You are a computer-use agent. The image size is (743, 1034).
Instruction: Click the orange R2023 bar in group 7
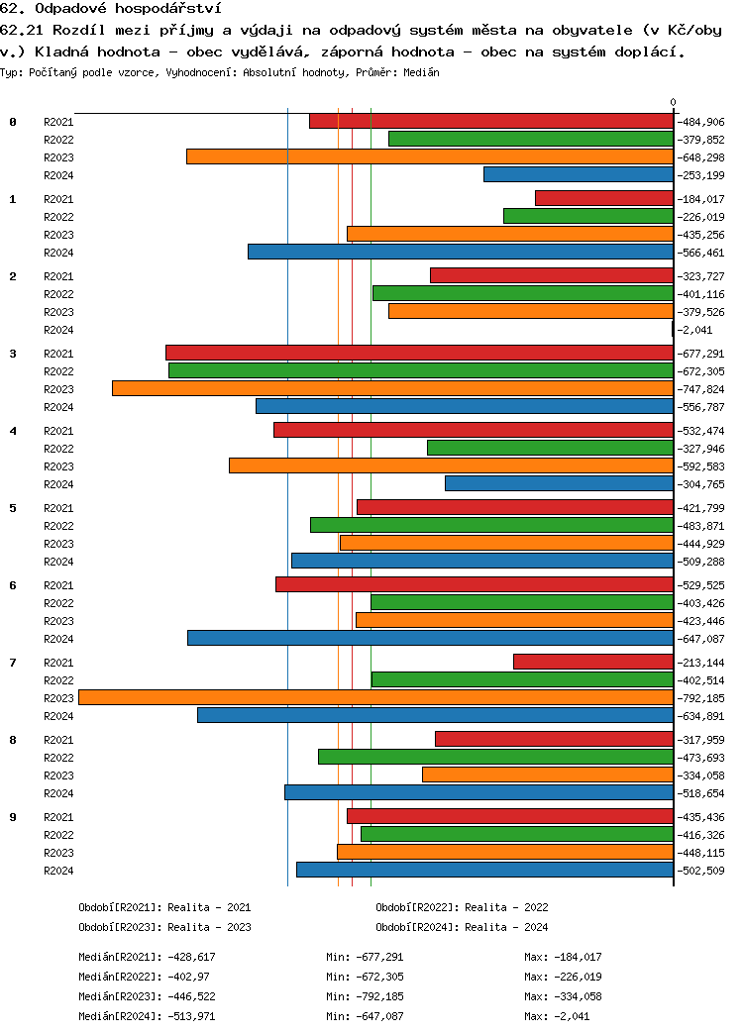coord(375,697)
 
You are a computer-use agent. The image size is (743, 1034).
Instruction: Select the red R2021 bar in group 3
coord(419,353)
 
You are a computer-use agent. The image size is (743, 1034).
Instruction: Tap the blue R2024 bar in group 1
coord(461,252)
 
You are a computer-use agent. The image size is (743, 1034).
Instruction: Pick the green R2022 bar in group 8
coord(495,757)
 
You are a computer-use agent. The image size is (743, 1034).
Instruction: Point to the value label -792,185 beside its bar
coord(701,698)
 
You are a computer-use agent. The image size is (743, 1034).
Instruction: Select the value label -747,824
coord(701,389)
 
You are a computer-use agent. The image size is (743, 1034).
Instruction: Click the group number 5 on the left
coord(13,508)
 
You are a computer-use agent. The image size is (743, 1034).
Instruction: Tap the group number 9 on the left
coord(13,817)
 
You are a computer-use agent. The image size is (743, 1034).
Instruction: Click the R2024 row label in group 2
coord(58,330)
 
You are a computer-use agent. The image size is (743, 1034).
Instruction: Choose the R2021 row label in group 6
coord(58,585)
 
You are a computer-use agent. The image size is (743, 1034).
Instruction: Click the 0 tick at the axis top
coord(673,102)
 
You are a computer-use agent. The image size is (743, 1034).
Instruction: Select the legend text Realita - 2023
coord(209,927)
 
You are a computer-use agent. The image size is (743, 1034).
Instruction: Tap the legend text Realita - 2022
coord(506,907)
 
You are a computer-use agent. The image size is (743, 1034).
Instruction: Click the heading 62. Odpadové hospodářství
coord(111,9)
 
